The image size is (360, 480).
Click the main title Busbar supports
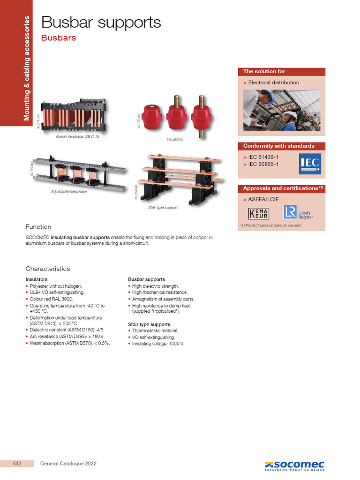[101, 22]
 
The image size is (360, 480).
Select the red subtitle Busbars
[59, 38]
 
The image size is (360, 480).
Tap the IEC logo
[310, 164]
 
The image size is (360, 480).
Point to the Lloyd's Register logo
[299, 213]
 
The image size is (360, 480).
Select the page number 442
[17, 464]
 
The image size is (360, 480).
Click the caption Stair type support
[163, 207]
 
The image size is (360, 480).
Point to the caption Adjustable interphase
[68, 192]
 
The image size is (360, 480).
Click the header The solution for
[264, 72]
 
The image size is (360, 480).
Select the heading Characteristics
[47, 269]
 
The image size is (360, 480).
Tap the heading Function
[38, 227]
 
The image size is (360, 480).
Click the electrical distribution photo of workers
[282, 110]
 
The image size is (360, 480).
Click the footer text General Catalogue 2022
[68, 464]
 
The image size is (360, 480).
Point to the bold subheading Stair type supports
[149, 324]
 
